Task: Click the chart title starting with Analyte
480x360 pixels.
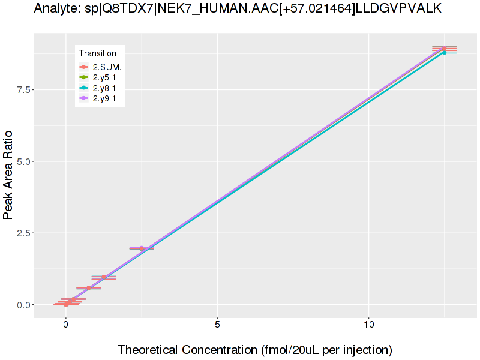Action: coord(238,8)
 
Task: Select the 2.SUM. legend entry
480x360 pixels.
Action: coord(107,67)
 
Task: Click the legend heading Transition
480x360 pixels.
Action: coord(98,53)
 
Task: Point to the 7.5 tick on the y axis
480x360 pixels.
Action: coord(22,89)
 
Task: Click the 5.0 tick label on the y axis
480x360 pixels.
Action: coord(22,161)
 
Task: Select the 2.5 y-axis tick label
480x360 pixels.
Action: coord(22,233)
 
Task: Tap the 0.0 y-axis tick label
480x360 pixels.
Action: coord(22,305)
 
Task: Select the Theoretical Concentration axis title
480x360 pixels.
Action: coord(254,349)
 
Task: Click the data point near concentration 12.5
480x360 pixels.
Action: coord(444,49)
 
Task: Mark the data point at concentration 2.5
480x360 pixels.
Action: coord(142,248)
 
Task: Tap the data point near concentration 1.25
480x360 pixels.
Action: coord(104,277)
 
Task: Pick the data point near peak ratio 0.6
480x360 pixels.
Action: coord(89,288)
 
